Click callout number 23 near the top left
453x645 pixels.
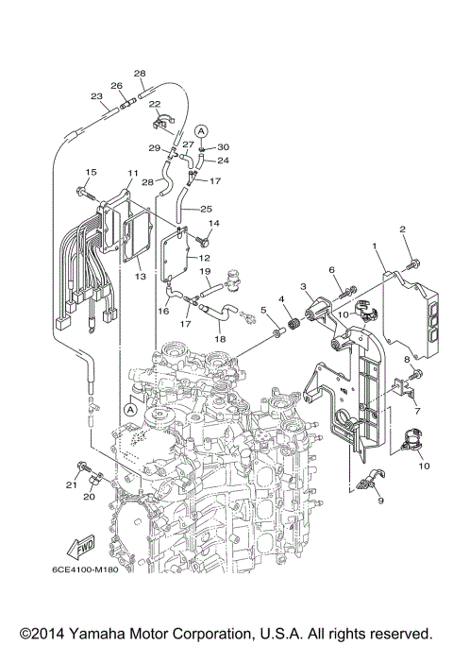point(96,96)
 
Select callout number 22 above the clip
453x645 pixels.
point(155,104)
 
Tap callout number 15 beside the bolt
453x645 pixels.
point(91,172)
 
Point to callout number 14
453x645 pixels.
point(213,223)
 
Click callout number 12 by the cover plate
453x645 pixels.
point(204,258)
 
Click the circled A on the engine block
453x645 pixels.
point(126,410)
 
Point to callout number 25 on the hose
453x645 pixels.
point(206,208)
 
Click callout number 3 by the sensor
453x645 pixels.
point(304,285)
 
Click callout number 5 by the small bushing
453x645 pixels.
point(264,310)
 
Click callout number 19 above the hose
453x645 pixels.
point(204,272)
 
